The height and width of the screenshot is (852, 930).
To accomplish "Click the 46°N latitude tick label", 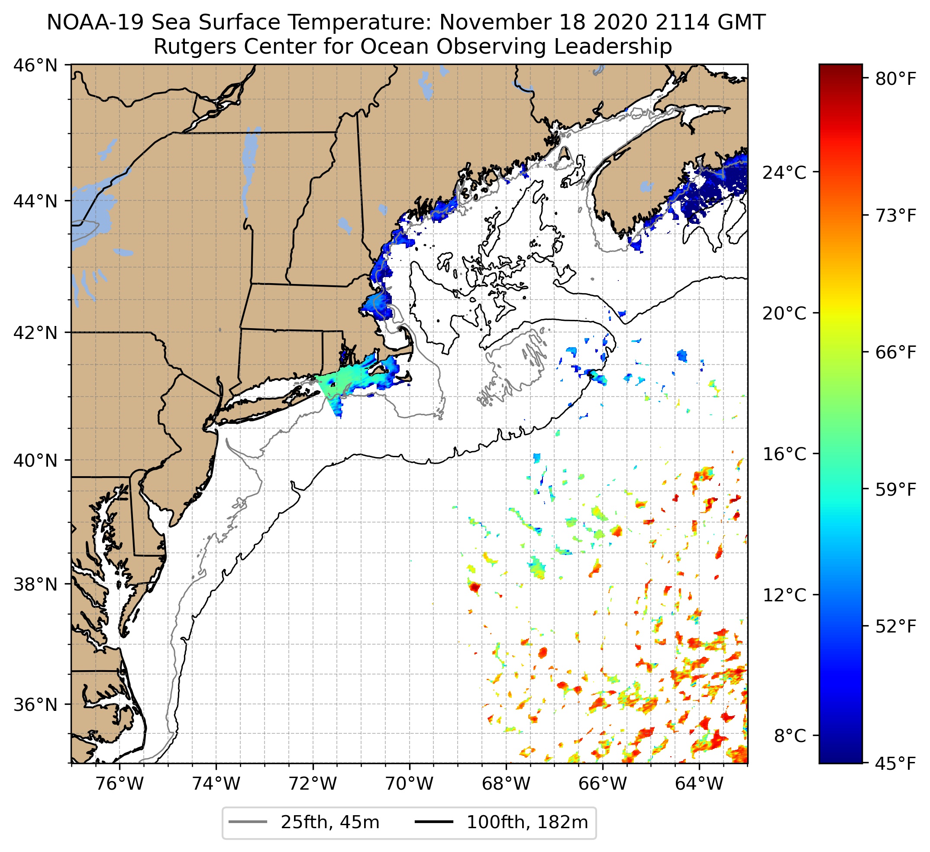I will click(35, 65).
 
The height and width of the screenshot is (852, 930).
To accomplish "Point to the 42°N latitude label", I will click(35, 332).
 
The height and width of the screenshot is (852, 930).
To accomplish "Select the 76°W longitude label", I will click(119, 783).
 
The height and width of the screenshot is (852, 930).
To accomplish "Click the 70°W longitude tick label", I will click(409, 783).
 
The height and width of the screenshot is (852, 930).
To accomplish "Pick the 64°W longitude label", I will click(699, 783).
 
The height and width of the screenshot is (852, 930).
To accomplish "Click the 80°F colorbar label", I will click(895, 79).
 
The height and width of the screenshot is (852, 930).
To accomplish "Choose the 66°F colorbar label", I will click(895, 353).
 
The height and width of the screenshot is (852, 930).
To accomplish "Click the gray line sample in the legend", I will click(248, 822).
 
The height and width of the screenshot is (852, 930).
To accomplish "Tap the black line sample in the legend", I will click(434, 822).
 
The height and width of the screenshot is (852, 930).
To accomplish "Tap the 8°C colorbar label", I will click(790, 736).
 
